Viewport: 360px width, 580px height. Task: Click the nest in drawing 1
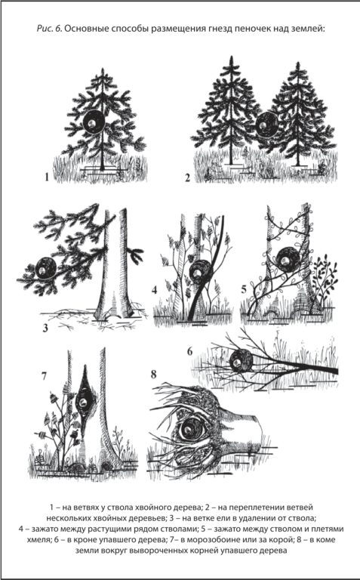pos(92,122)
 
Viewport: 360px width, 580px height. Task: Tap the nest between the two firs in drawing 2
pos(267,125)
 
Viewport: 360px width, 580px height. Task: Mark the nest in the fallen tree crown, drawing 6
pos(241,362)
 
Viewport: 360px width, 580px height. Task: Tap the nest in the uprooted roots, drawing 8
pos(192,430)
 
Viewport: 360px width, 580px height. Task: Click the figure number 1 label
pos(47,177)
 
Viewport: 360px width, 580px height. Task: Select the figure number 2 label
pos(188,178)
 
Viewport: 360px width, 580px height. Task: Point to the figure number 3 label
pos(45,328)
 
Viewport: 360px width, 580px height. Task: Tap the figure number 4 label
pos(155,290)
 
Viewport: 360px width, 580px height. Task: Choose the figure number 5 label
pos(244,289)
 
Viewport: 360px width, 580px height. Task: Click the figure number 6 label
pos(190,351)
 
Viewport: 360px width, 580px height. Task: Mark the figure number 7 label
pos(45,376)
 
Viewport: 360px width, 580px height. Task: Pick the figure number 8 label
pos(154,375)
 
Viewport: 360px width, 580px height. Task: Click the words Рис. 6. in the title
pos(49,29)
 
